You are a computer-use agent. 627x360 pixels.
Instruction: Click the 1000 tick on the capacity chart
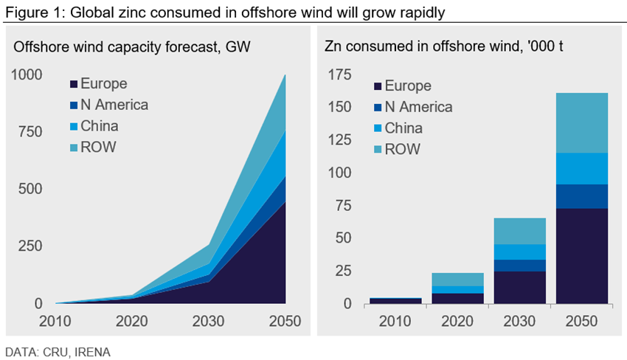27,75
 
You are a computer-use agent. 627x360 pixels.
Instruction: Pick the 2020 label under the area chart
133,322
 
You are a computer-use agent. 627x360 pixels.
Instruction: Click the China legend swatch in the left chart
74,126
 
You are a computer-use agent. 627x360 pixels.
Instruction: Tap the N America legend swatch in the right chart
378,107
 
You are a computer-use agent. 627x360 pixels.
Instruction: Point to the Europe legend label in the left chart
104,83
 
